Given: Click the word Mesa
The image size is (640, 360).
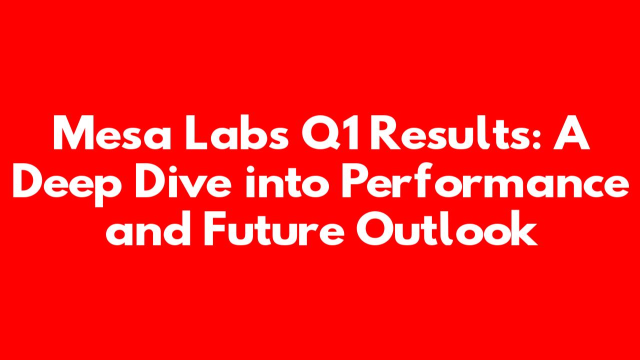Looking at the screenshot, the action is (112, 132).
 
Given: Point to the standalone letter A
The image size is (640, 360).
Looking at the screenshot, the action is (571, 132).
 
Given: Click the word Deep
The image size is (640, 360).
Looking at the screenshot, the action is (67, 185).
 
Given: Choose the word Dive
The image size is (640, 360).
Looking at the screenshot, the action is (183, 180).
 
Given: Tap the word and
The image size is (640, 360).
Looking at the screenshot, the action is (148, 227).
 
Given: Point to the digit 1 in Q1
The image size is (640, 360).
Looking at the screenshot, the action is (352, 132).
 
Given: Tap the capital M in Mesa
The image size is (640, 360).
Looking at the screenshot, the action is (75, 132).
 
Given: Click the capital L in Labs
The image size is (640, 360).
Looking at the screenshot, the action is (196, 132).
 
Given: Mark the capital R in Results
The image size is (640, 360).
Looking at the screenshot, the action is (385, 132).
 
